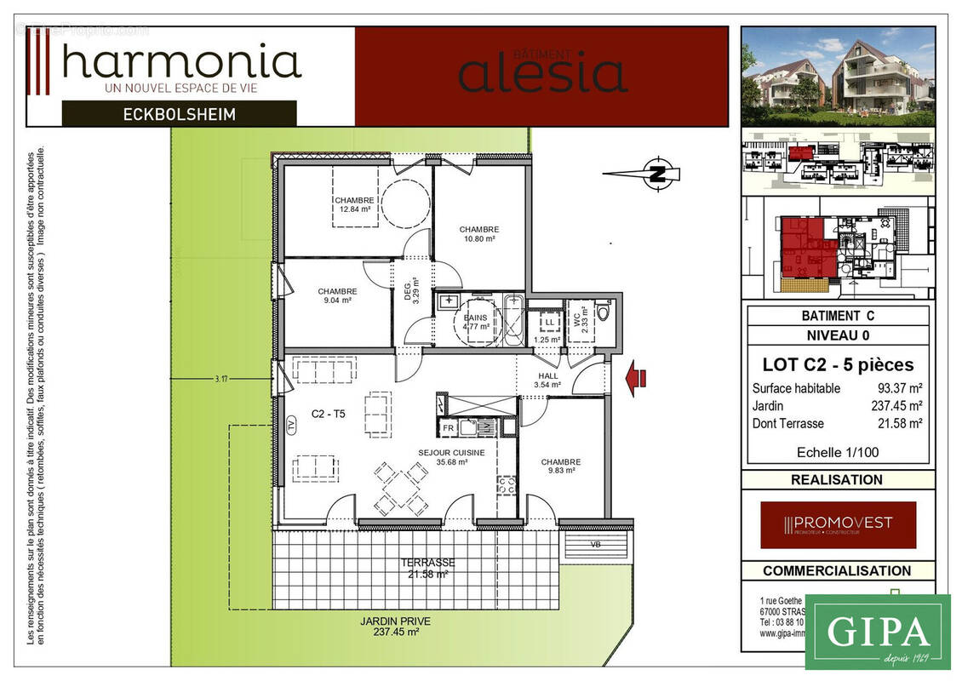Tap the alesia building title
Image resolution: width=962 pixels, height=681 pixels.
[543, 72]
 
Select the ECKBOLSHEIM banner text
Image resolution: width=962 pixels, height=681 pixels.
[179, 113]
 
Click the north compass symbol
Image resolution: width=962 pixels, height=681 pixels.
[657, 174]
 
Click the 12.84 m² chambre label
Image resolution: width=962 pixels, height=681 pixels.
[354, 204]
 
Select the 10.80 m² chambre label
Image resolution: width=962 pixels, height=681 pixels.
[478, 234]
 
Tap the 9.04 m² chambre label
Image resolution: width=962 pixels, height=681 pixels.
[337, 296]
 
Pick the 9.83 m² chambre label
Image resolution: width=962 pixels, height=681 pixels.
[560, 466]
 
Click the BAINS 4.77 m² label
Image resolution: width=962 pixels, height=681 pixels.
[475, 321]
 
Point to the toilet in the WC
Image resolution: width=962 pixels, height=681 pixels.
[603, 312]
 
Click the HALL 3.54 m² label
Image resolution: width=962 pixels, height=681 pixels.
[548, 380]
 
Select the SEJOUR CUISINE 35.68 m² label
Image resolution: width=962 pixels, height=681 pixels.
[451, 458]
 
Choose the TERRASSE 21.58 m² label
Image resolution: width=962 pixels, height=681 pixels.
[427, 568]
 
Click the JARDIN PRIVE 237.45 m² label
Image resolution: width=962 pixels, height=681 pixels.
[394, 627]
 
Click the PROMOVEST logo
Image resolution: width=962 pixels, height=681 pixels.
[838, 524]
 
